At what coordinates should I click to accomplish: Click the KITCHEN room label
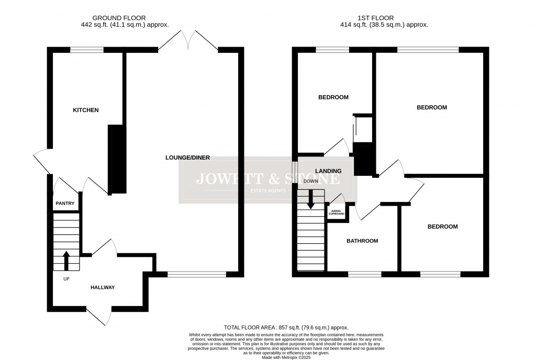click(x=85, y=110)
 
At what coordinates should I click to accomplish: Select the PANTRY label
click(x=65, y=204)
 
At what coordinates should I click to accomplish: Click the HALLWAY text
click(x=102, y=287)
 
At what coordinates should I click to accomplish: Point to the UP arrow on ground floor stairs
click(x=66, y=260)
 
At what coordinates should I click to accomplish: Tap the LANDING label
click(x=328, y=171)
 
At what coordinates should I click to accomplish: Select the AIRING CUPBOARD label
click(x=337, y=212)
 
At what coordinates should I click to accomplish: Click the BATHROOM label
click(x=362, y=241)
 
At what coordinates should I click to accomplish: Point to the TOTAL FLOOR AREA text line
click(x=285, y=327)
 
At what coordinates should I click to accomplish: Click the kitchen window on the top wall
click(x=87, y=50)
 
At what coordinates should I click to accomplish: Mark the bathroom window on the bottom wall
click(x=364, y=274)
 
